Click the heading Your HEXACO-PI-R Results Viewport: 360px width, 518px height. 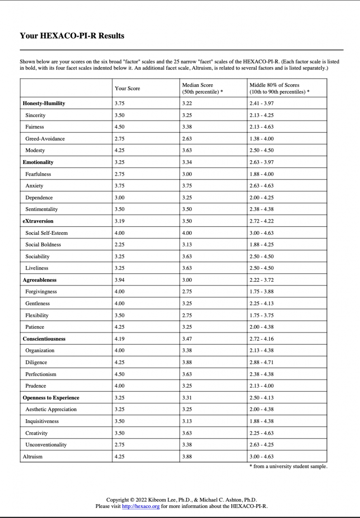tap(72, 36)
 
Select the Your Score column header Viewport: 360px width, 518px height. tap(127, 89)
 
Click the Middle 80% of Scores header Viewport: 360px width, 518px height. tap(279, 88)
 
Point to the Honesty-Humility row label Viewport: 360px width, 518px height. tap(44, 103)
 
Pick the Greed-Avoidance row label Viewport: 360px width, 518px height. tap(45, 139)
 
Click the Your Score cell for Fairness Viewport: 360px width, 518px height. tap(120, 127)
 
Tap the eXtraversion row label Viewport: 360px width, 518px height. tap(38, 221)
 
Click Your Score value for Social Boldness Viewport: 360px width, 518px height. tap(120, 244)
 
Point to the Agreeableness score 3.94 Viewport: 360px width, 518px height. tap(120, 280)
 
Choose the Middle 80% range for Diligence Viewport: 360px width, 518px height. tap(262, 362)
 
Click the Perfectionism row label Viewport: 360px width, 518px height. tap(41, 374)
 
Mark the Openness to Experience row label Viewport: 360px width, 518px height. tap(51, 397)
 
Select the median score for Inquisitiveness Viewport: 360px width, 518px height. tap(187, 421)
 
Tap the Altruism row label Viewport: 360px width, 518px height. tap(33, 456)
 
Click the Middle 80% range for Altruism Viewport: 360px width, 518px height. tap(262, 456)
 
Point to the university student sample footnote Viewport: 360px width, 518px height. tap(288, 467)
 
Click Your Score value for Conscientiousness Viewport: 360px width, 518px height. tap(120, 339)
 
